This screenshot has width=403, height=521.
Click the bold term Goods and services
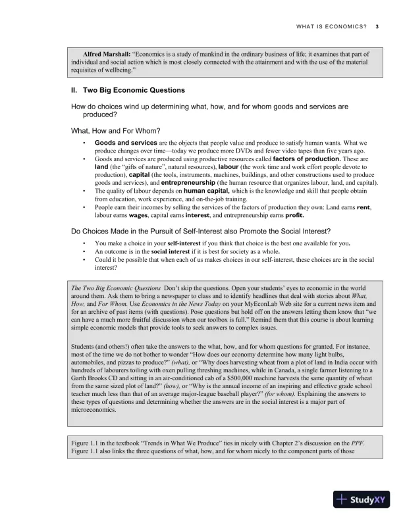pos(126,143)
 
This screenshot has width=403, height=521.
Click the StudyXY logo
pos(361,498)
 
